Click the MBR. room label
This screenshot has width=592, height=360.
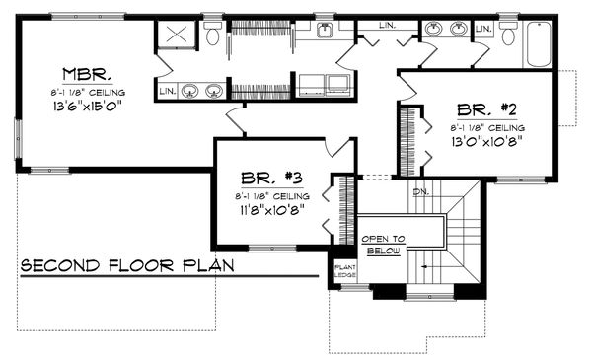click(90, 74)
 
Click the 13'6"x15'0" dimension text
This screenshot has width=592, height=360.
click(90, 108)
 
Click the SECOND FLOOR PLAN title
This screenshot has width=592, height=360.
click(123, 266)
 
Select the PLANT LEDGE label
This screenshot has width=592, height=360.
click(344, 270)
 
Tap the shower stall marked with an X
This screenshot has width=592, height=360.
click(178, 36)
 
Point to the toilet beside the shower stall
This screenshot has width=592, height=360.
click(213, 36)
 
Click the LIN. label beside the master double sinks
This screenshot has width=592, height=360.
click(168, 93)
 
